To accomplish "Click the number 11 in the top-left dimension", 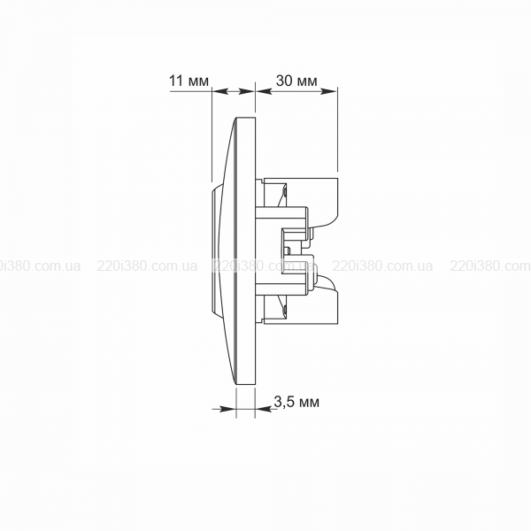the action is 176,81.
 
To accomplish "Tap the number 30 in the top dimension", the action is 284,81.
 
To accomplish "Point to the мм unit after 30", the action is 306,82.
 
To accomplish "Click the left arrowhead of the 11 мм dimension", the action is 219,91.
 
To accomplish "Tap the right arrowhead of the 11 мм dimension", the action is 246,91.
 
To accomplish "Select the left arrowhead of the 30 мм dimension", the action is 264,91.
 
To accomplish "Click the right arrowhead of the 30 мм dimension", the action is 329,91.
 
